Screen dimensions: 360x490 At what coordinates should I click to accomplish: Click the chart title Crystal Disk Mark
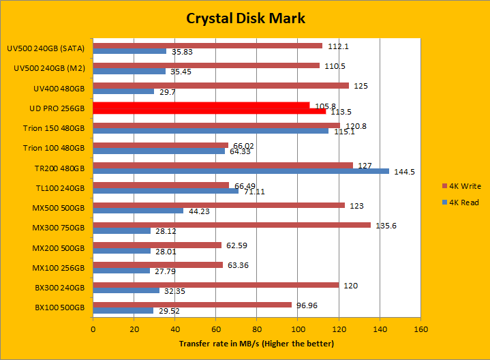click(x=245, y=18)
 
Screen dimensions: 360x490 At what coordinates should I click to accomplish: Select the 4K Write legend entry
click(x=461, y=185)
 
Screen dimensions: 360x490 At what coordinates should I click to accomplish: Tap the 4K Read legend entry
click(x=461, y=202)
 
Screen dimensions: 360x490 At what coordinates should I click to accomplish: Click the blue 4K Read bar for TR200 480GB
click(x=241, y=171)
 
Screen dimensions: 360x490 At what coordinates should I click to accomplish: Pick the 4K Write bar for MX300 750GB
click(x=232, y=225)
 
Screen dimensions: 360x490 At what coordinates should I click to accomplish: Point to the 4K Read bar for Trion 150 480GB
click(x=211, y=131)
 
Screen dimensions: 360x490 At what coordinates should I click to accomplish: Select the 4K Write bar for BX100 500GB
click(x=192, y=304)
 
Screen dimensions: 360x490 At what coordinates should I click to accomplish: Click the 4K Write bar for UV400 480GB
click(x=221, y=85)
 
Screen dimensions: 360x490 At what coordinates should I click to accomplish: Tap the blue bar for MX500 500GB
click(x=138, y=211)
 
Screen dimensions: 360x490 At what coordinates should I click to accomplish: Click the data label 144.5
click(x=404, y=172)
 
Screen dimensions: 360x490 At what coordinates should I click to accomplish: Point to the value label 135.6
click(x=386, y=226)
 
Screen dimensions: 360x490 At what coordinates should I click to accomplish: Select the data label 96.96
click(x=309, y=305)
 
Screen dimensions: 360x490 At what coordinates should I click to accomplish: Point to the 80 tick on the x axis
click(x=257, y=329)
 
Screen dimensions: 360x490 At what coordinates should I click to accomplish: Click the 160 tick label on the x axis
click(x=420, y=329)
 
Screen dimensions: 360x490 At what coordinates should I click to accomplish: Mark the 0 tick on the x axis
click(x=93, y=329)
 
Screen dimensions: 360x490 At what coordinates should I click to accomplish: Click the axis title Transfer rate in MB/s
click(x=256, y=344)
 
